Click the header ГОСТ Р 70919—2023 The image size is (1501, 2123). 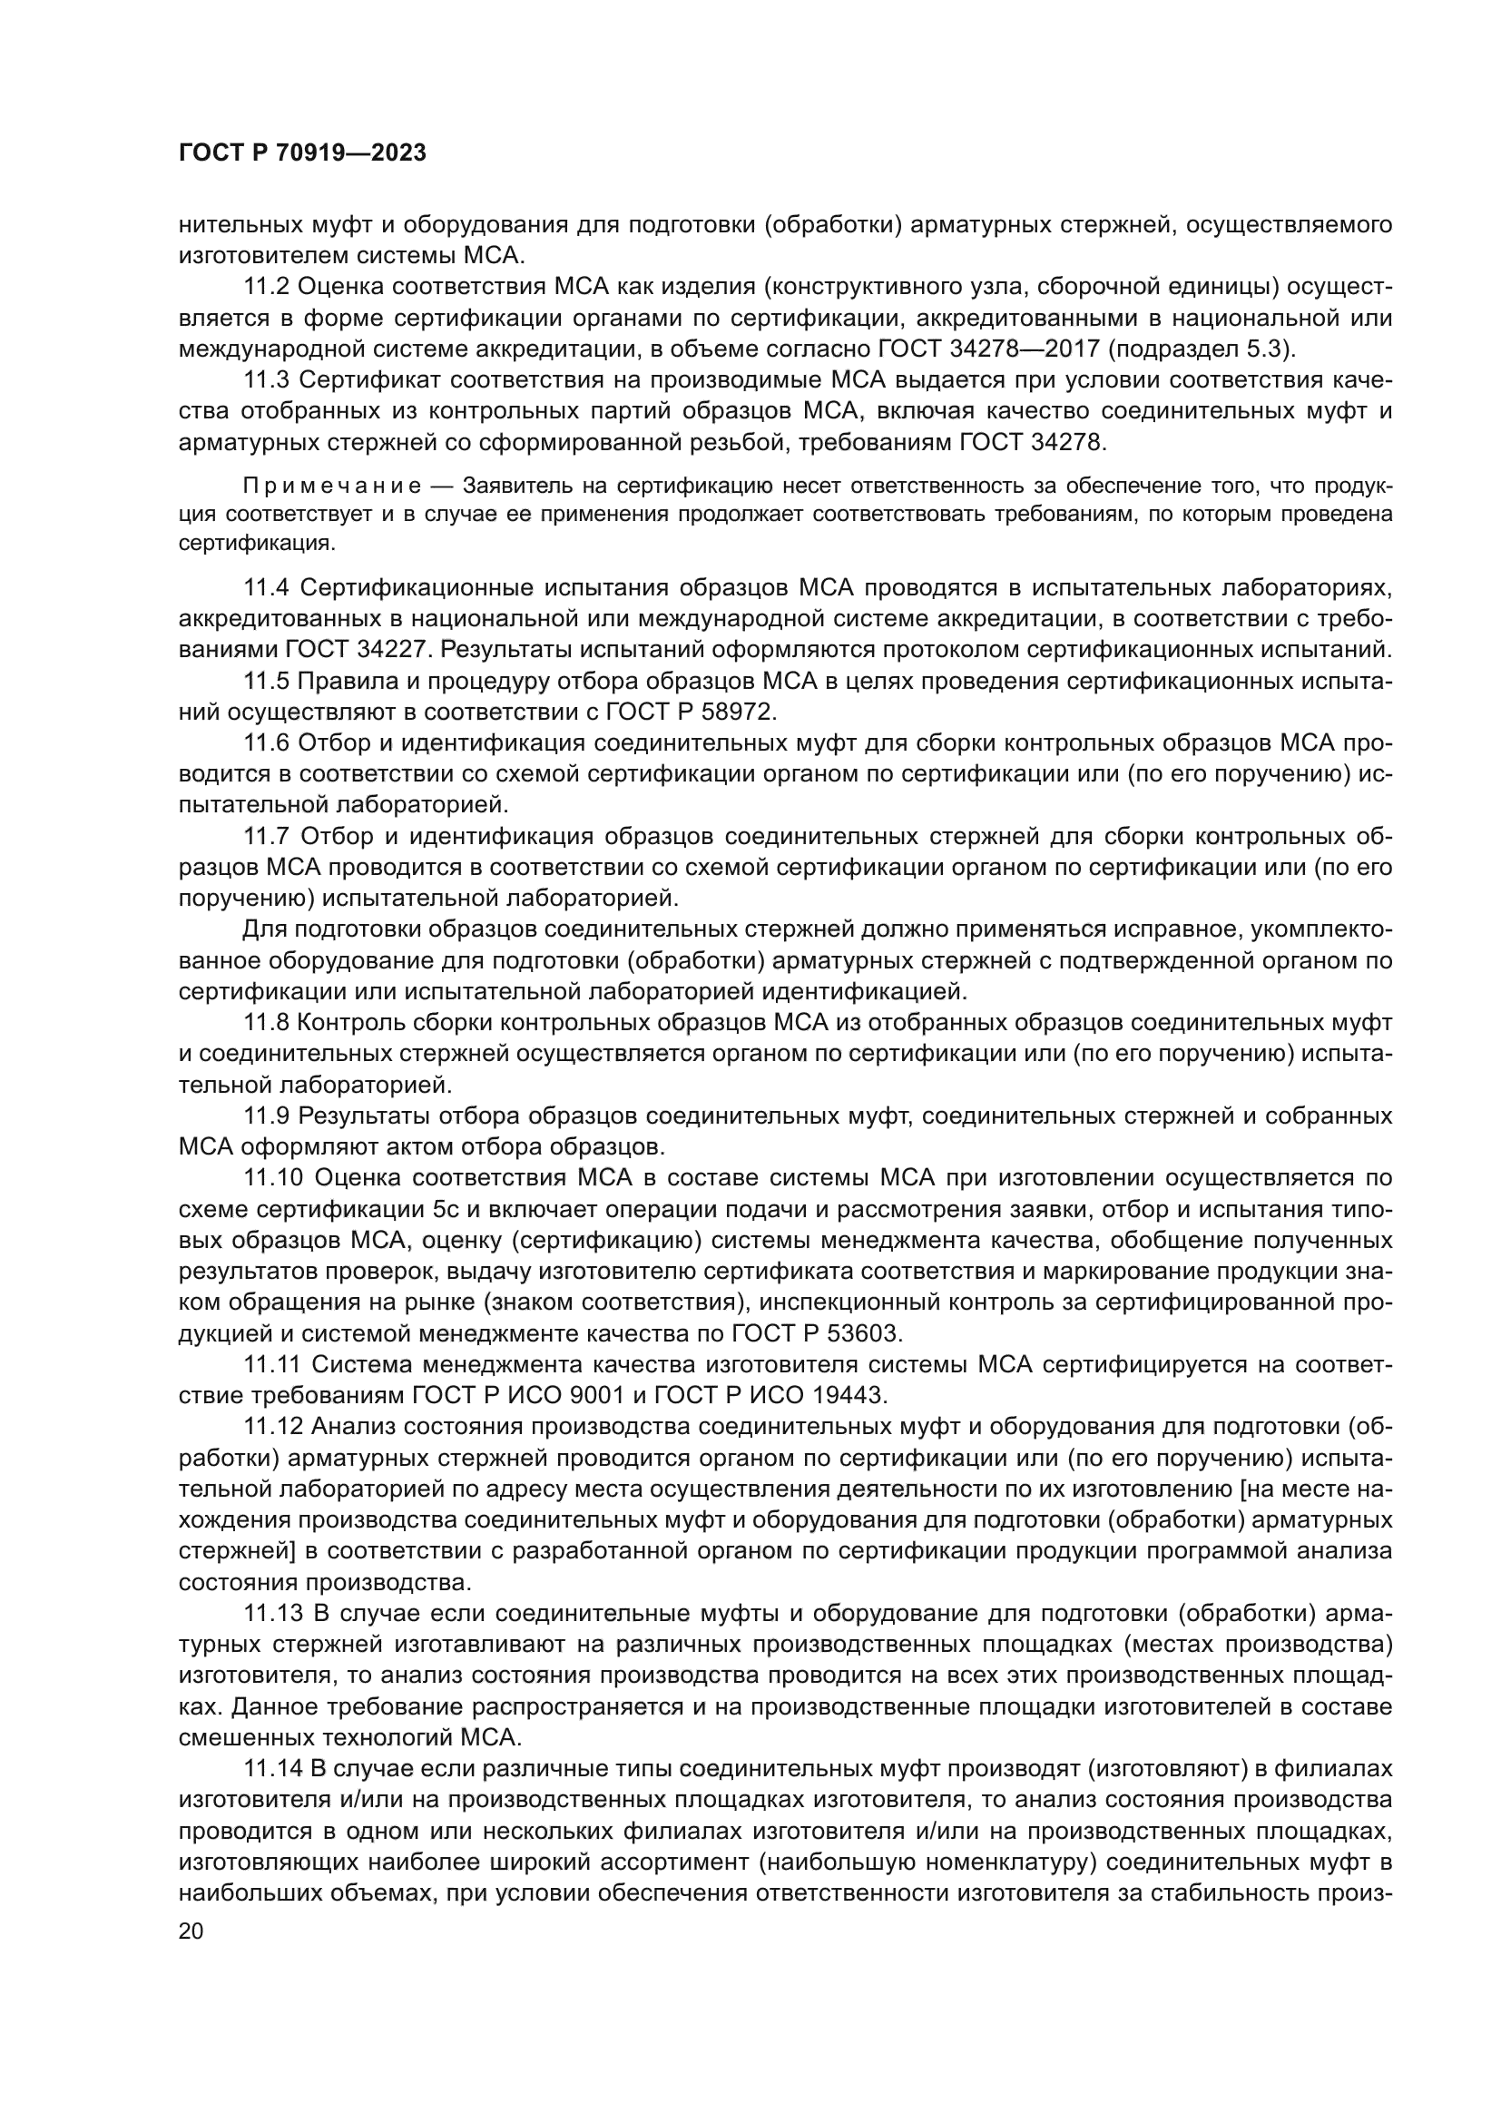tap(302, 153)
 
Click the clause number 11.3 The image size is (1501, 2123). tap(267, 380)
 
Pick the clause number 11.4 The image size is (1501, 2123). tap(267, 587)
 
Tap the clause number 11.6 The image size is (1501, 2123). tap(267, 743)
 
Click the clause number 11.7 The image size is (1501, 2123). tap(267, 836)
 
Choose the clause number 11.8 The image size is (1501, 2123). tap(267, 1022)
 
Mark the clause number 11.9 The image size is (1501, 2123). tap(267, 1116)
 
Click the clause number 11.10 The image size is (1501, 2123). tap(272, 1177)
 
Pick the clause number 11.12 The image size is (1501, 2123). tap(272, 1426)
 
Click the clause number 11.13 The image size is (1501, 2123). tap(272, 1613)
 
